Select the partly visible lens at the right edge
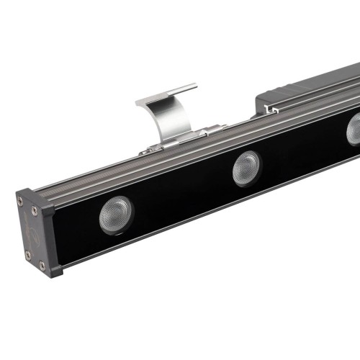pos(354,129)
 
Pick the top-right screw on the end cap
pos(34,211)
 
